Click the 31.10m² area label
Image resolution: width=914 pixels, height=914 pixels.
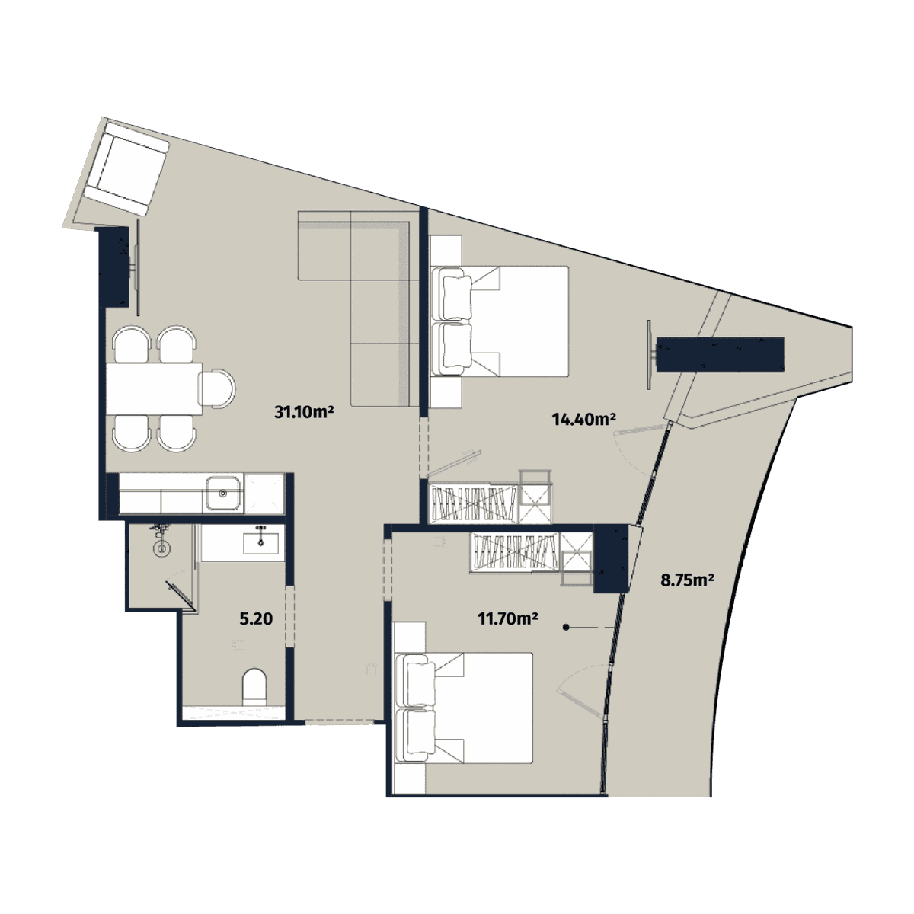(x=305, y=413)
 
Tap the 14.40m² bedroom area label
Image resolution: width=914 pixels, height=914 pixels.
(x=583, y=418)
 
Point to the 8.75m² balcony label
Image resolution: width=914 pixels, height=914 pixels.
(x=686, y=580)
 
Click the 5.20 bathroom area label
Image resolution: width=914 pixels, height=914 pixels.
(x=256, y=619)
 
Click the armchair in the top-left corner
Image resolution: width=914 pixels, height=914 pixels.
(x=126, y=168)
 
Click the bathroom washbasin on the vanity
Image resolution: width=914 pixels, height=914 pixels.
(x=260, y=542)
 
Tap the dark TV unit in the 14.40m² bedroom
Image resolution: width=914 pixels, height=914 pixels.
(x=720, y=354)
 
